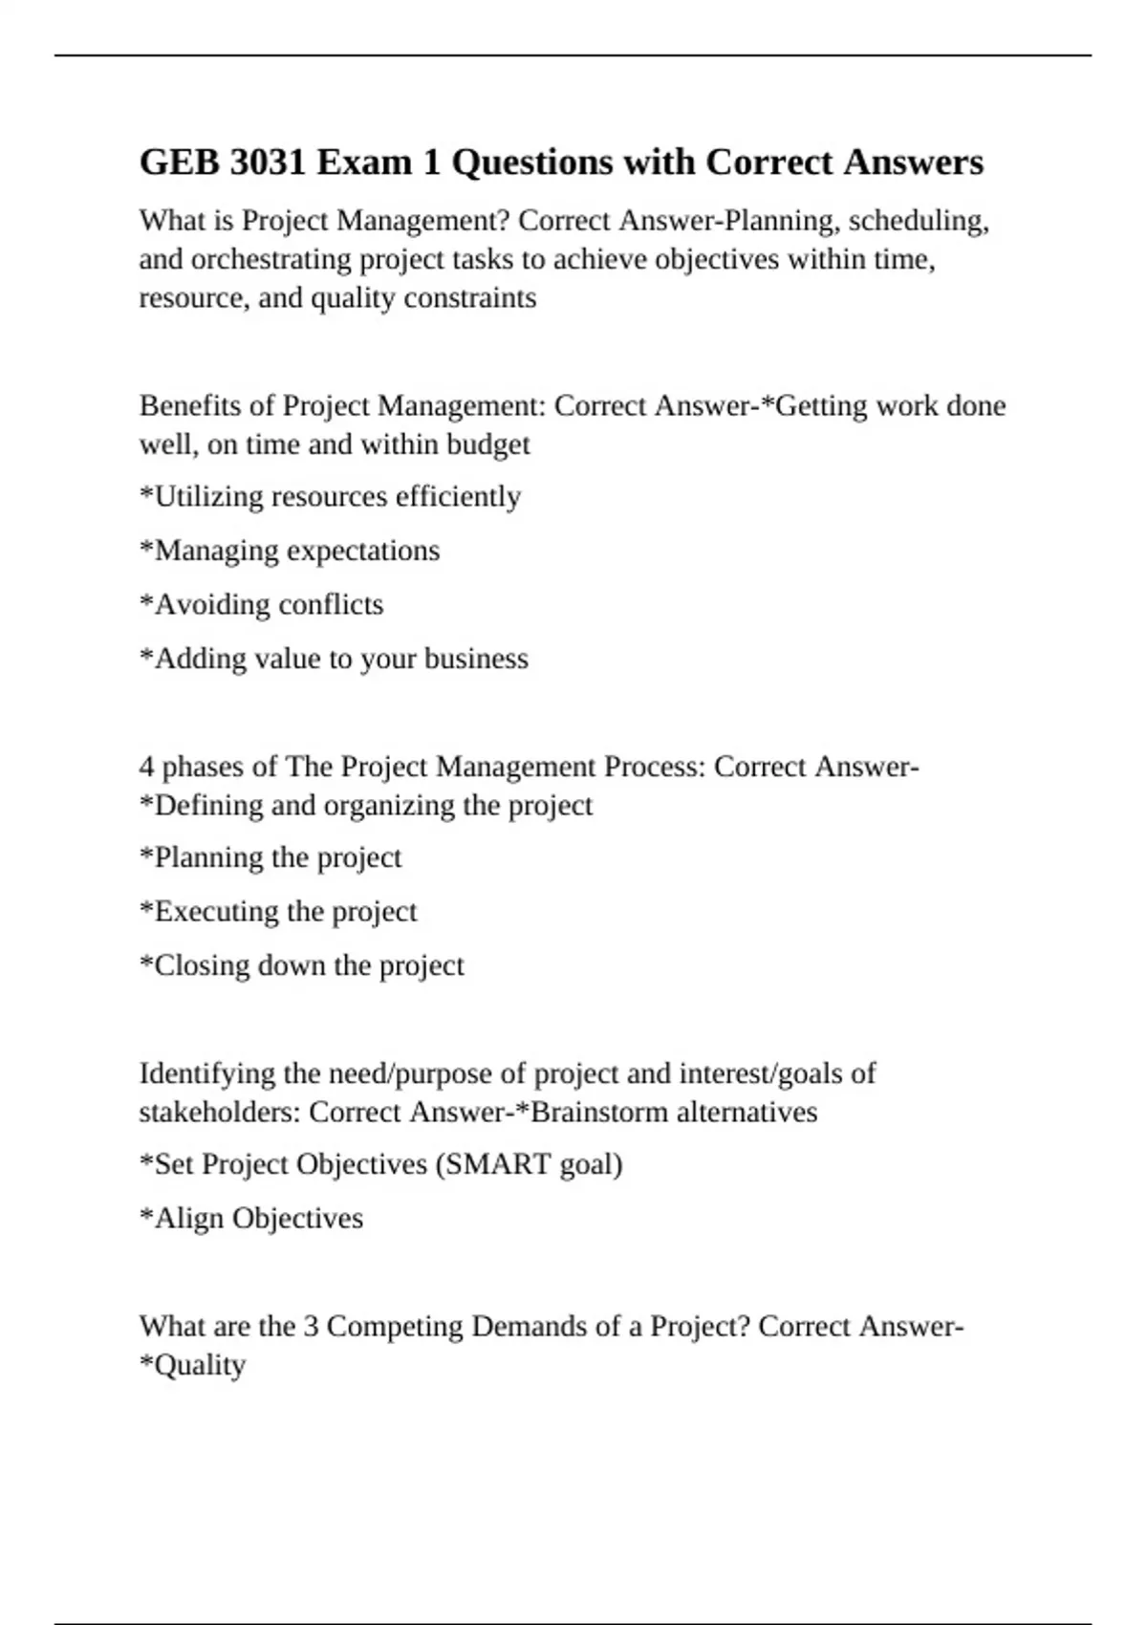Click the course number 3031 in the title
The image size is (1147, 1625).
pyautogui.click(x=269, y=162)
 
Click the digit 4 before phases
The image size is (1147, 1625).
pyautogui.click(x=146, y=767)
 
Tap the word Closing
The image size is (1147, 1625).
pyautogui.click(x=202, y=965)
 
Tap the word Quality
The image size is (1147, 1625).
pyautogui.click(x=199, y=1365)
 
